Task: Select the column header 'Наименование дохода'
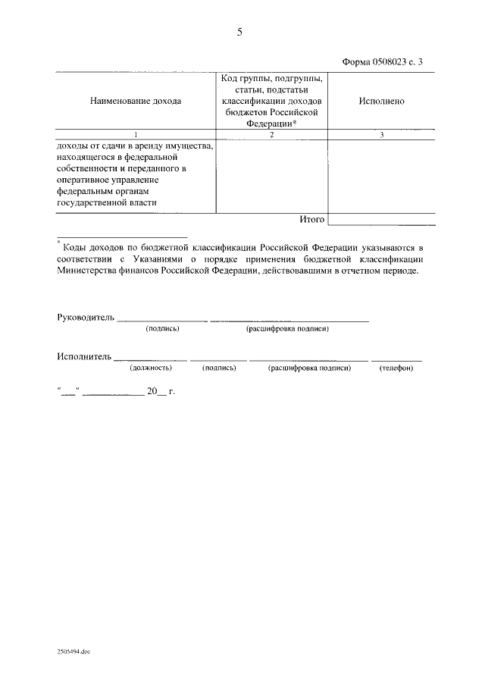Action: pos(136,101)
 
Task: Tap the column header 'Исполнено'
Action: pos(381,101)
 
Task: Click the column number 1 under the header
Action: pos(136,134)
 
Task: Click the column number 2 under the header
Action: pos(272,134)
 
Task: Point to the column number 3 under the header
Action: pos(382,134)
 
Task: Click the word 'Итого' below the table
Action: pos(311,219)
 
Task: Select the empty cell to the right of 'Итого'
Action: pos(382,219)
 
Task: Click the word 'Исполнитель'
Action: pos(84,356)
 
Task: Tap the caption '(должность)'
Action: pos(151,368)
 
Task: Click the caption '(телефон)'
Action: pos(396,368)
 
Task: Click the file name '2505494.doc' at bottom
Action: pos(74,651)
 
